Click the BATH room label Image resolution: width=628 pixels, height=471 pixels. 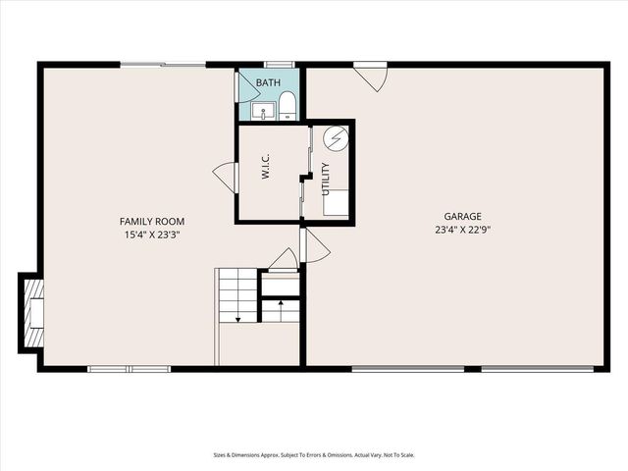[x=268, y=83]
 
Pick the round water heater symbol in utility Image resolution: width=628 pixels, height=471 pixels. [x=336, y=140]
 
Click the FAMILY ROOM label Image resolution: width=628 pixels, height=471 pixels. [x=152, y=222]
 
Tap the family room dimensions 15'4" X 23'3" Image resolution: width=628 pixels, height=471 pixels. [x=152, y=235]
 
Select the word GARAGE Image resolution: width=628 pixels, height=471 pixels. [x=462, y=217]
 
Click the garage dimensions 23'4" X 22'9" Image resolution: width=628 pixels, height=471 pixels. [x=462, y=231]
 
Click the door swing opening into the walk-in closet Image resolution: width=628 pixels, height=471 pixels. [x=225, y=179]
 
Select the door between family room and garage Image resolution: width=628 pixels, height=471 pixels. [x=314, y=247]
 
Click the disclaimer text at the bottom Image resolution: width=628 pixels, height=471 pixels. [x=314, y=454]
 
